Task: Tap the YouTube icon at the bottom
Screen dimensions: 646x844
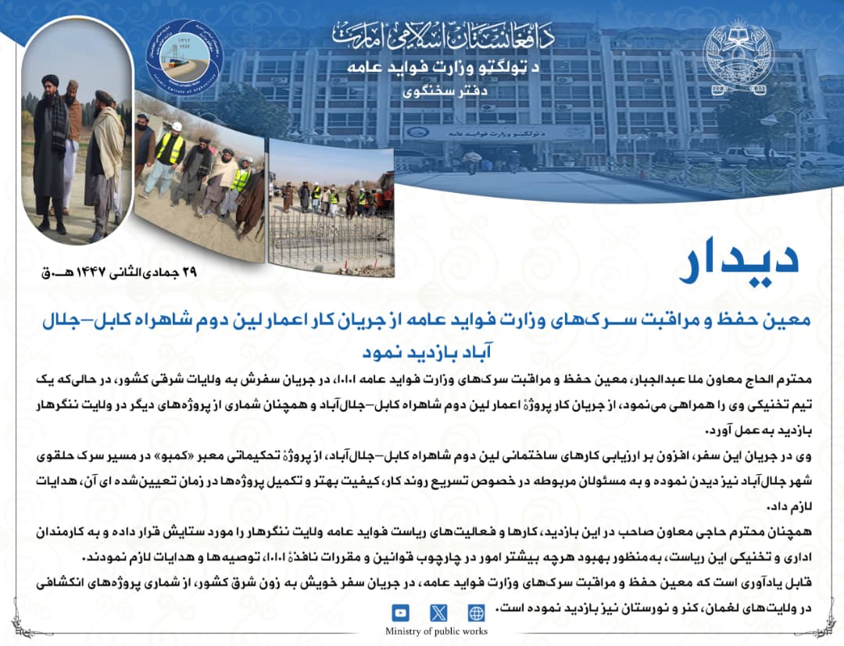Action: pyautogui.click(x=400, y=613)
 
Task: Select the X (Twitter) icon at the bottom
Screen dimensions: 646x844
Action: pyautogui.click(x=438, y=613)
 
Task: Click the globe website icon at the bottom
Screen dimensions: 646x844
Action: pyautogui.click(x=476, y=613)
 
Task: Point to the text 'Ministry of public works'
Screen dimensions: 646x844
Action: pyautogui.click(x=436, y=631)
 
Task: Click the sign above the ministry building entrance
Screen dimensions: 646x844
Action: pyautogui.click(x=507, y=133)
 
